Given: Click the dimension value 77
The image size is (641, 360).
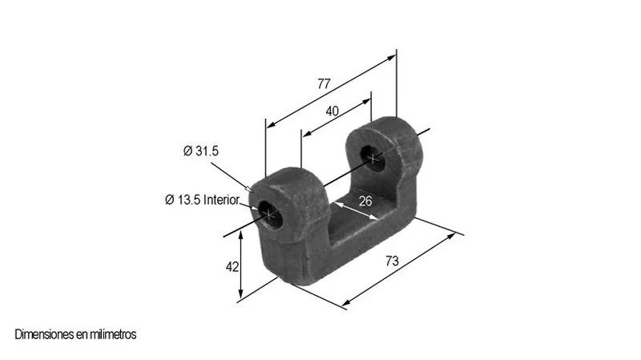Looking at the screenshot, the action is coord(324,84).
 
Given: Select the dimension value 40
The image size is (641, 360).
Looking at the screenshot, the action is coord(332,111).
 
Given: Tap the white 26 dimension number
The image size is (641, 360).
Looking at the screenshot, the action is coord(365,201).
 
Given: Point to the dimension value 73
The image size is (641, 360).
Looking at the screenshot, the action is coord(392,261).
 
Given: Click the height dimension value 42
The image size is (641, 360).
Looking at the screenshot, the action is coord(232,267).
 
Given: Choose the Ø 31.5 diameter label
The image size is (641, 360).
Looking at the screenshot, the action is coord(201,151).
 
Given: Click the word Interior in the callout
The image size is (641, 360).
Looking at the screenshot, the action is coord(221,200).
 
